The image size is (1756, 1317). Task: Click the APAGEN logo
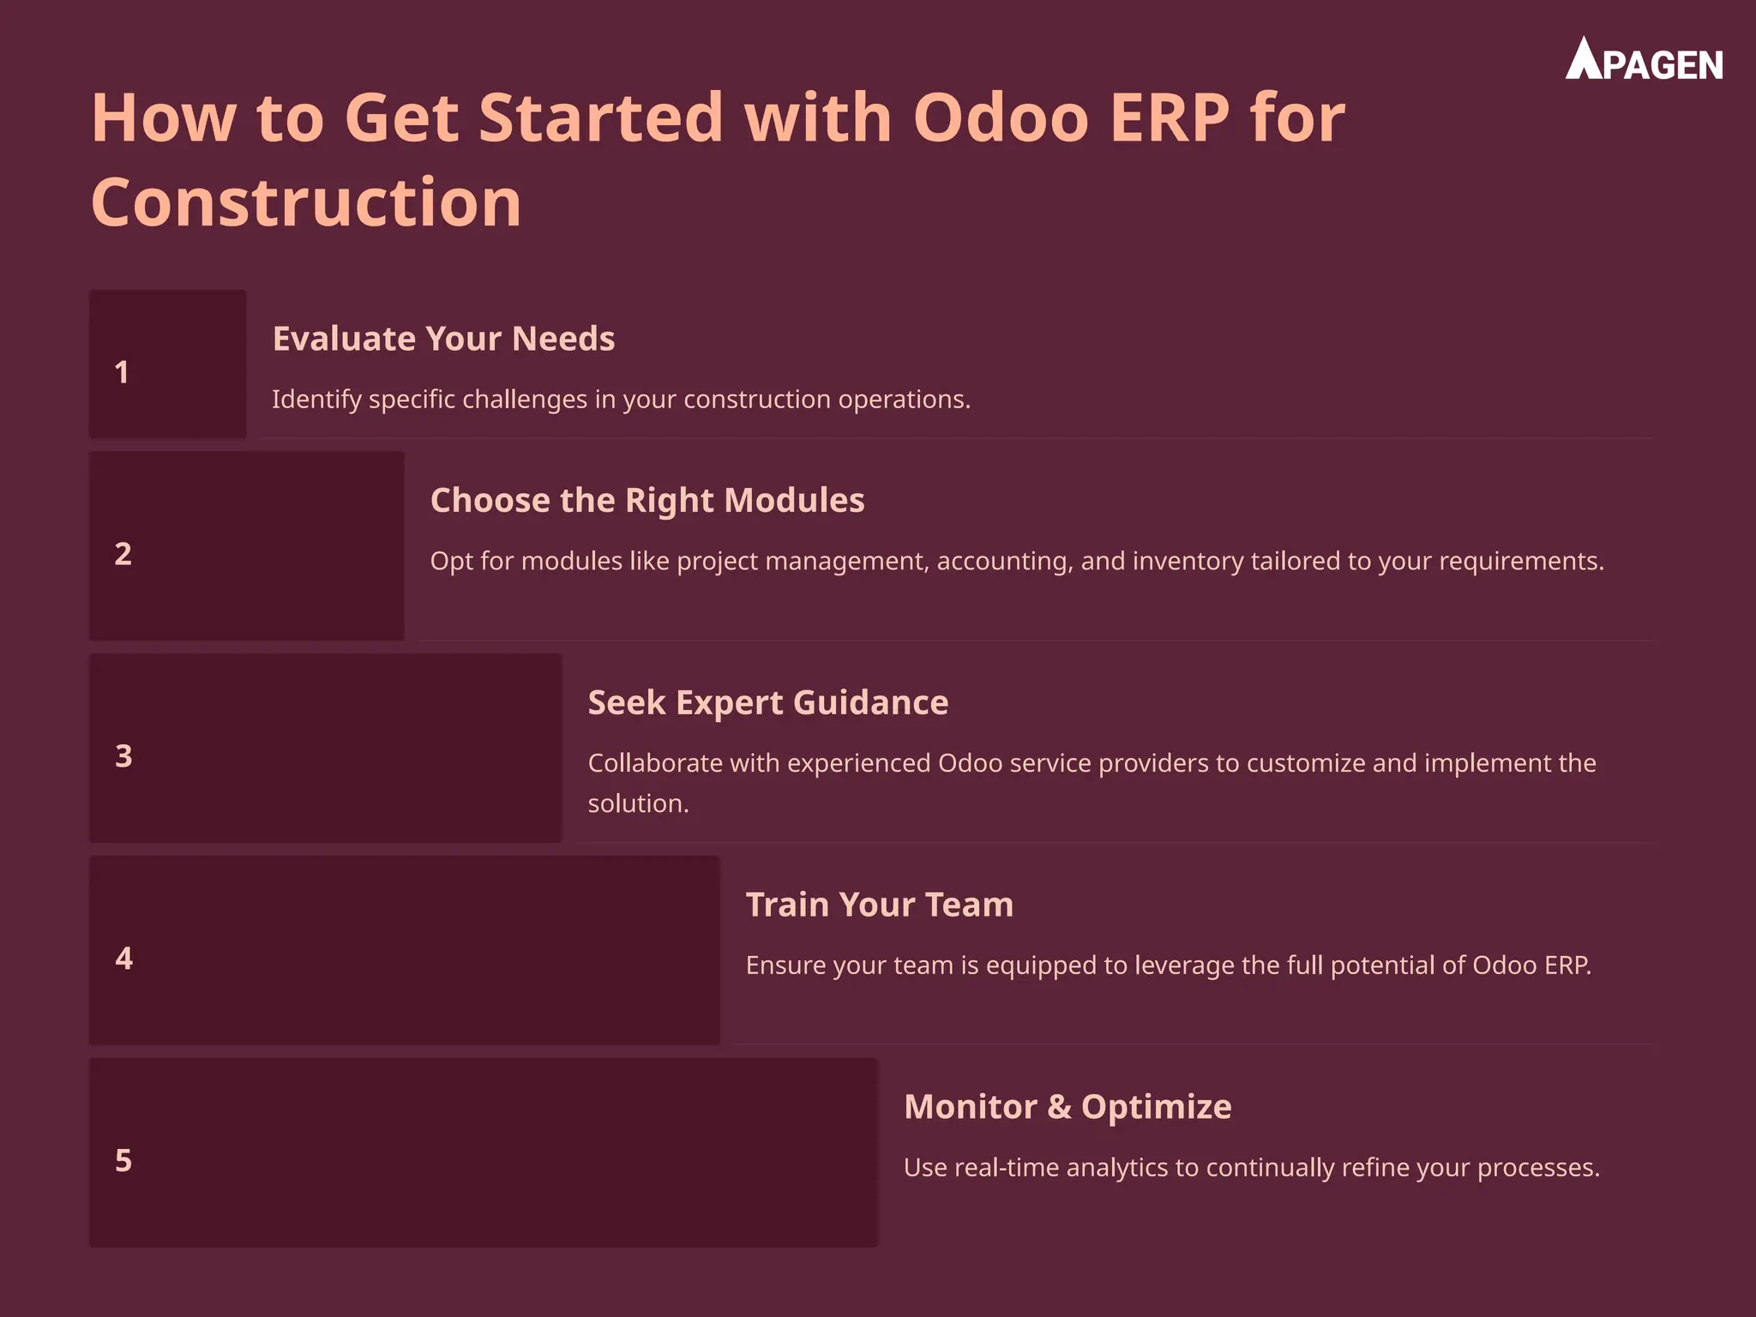click(1644, 61)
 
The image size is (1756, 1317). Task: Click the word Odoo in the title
click(1001, 117)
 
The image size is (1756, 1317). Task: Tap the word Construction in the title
click(306, 202)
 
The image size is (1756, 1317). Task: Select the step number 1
click(122, 372)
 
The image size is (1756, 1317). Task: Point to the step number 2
click(123, 554)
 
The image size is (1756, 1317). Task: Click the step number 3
click(123, 756)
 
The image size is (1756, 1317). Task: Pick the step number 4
click(123, 959)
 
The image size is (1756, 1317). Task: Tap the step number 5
click(123, 1161)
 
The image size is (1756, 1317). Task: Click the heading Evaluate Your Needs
click(443, 339)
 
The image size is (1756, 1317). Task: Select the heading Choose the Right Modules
click(647, 500)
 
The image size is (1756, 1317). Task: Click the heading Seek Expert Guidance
click(768, 702)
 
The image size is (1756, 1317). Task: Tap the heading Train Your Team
click(880, 905)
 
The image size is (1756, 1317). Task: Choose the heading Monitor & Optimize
click(1067, 1107)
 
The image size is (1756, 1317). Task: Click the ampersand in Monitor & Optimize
click(1060, 1107)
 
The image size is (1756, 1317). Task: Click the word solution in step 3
click(637, 803)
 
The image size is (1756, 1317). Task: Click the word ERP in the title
click(1170, 117)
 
